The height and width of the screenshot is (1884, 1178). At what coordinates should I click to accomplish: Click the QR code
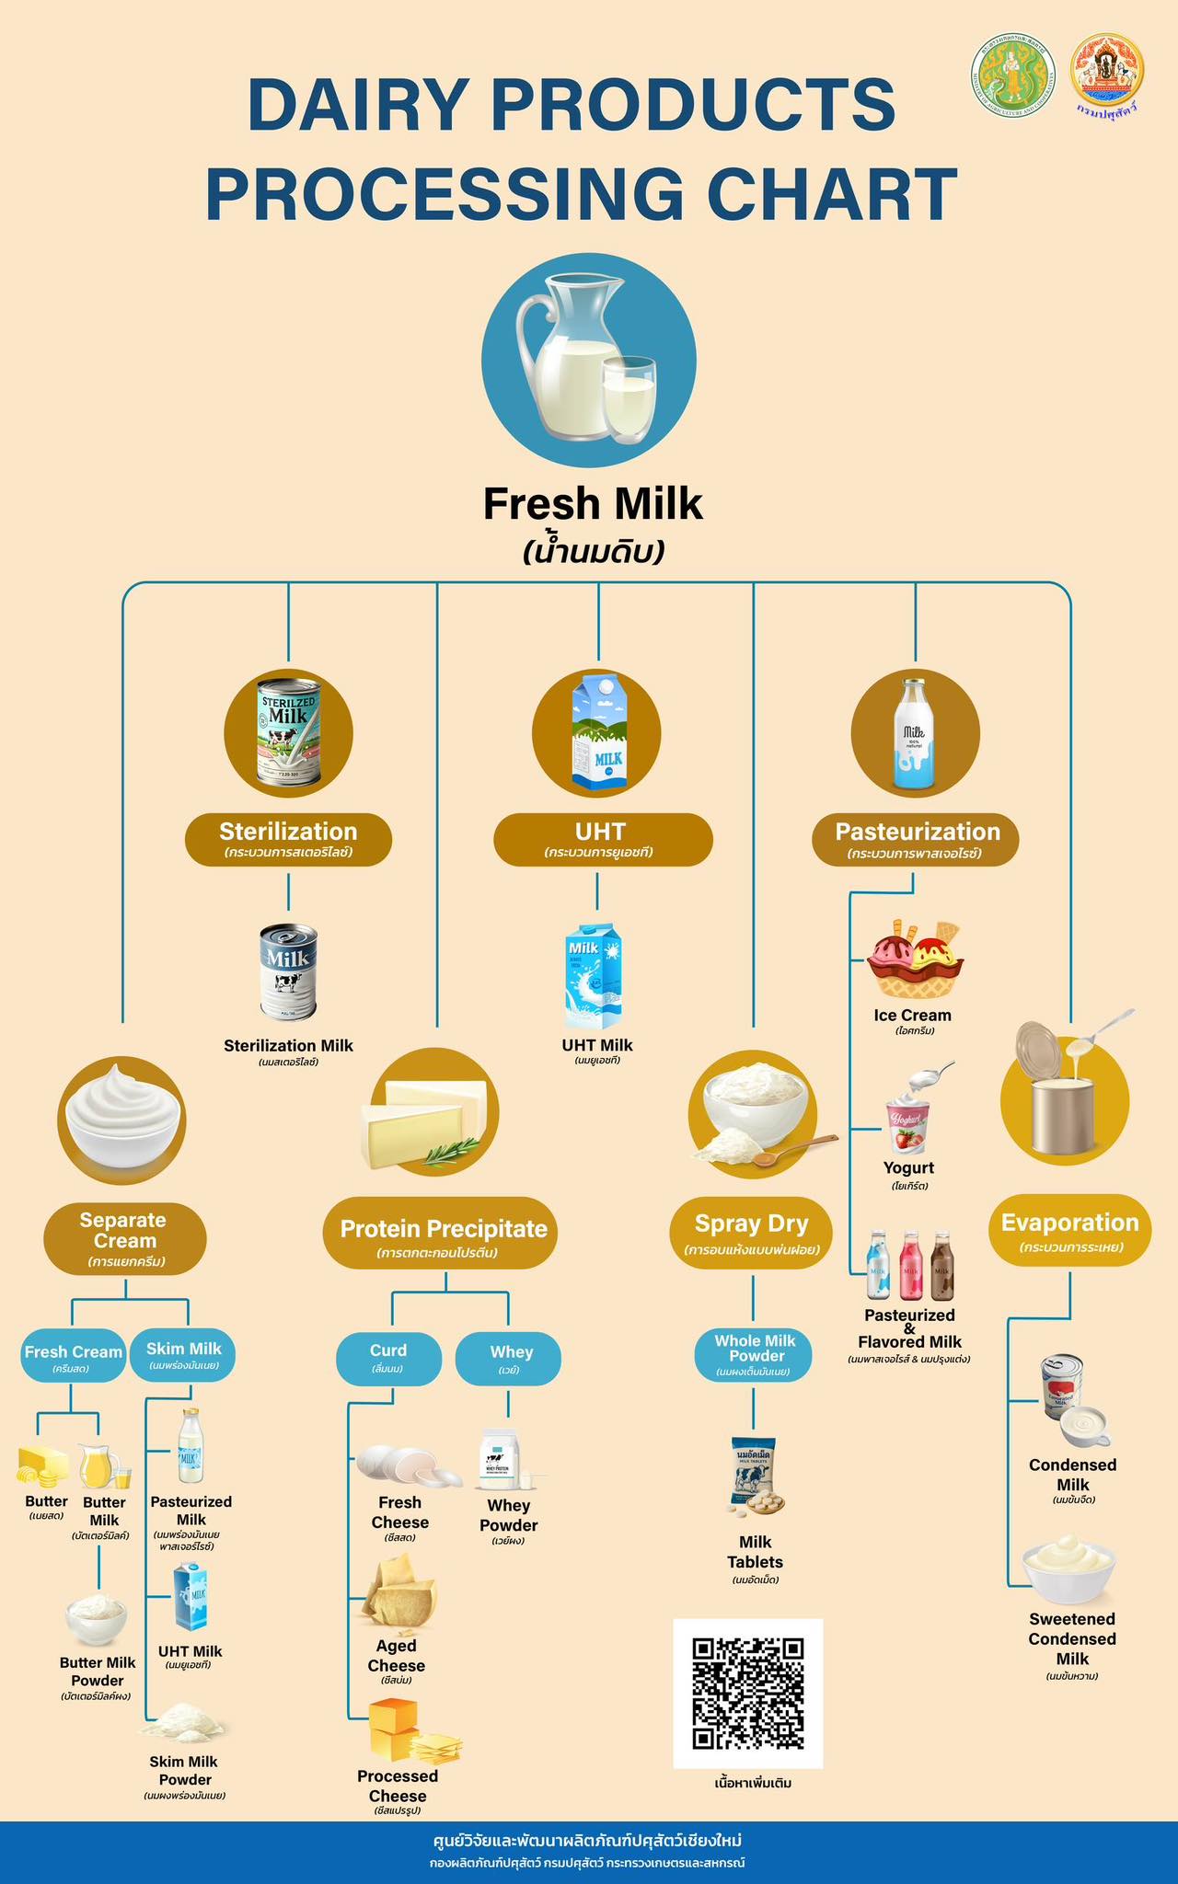(747, 1693)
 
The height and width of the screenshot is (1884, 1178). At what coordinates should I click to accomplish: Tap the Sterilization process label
(288, 839)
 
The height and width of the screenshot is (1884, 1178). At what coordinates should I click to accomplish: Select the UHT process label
(603, 839)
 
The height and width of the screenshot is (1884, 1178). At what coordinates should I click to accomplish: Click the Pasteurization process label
(917, 839)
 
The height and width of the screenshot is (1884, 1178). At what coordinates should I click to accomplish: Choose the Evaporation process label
(1069, 1231)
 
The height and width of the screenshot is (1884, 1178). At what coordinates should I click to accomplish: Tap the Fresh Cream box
(73, 1358)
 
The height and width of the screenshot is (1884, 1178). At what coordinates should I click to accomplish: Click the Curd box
(388, 1357)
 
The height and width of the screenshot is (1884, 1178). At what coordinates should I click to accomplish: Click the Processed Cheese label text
(398, 1786)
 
